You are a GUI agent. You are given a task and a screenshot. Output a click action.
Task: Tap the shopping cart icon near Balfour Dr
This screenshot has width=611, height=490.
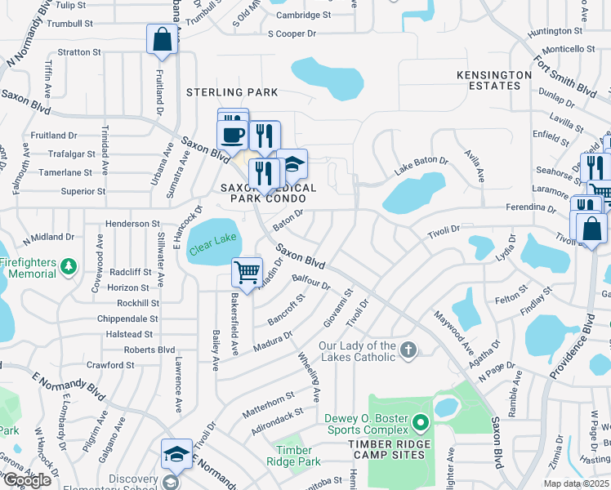pyautogui.click(x=247, y=271)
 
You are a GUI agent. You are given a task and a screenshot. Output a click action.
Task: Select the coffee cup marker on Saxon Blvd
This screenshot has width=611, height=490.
pyautogui.click(x=232, y=134)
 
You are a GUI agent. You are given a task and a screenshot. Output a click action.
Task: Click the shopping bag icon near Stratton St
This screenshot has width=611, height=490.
pyautogui.click(x=162, y=38)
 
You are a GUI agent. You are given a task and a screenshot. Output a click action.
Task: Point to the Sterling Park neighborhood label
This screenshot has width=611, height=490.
pyautogui.click(x=232, y=92)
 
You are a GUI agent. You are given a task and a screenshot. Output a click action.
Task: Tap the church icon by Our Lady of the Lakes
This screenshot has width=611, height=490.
pyautogui.click(x=409, y=350)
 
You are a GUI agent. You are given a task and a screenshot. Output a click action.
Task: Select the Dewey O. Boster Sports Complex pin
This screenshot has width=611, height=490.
pyautogui.click(x=421, y=423)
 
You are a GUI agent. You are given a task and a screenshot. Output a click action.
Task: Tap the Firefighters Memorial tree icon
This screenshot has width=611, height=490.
pyautogui.click(x=69, y=266)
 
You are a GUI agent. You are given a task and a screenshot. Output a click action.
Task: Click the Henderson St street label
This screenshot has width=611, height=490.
pyautogui.click(x=132, y=224)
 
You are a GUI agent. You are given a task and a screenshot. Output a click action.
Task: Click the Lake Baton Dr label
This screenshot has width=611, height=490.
pyautogui.click(x=421, y=167)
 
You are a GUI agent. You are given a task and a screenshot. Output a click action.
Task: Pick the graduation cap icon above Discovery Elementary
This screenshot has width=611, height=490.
pyautogui.click(x=176, y=454)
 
